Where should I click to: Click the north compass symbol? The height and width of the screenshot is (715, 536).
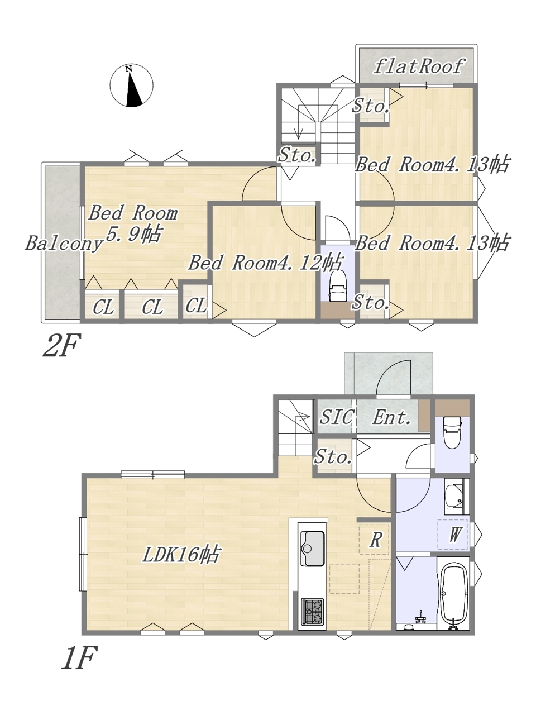click(x=131, y=85)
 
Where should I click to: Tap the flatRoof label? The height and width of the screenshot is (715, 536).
click(x=419, y=67)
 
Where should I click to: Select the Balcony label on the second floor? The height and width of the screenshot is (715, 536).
click(x=64, y=244)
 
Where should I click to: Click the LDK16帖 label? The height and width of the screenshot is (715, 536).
click(x=181, y=554)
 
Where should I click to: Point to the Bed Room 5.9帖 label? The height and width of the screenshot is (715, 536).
click(x=133, y=223)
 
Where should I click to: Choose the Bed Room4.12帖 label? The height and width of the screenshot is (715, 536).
click(x=265, y=262)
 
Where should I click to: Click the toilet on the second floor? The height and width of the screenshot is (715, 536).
click(x=337, y=286)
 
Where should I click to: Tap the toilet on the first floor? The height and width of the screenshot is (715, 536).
click(x=453, y=433)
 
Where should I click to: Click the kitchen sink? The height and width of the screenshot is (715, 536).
click(x=313, y=548)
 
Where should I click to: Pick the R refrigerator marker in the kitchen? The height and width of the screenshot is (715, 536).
click(x=375, y=540)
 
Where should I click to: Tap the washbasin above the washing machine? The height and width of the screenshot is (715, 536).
click(x=455, y=496)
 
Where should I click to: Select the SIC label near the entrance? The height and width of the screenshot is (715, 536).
click(x=336, y=417)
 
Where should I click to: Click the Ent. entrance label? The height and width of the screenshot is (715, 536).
click(x=392, y=417)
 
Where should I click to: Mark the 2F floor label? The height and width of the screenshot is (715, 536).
click(x=61, y=345)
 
